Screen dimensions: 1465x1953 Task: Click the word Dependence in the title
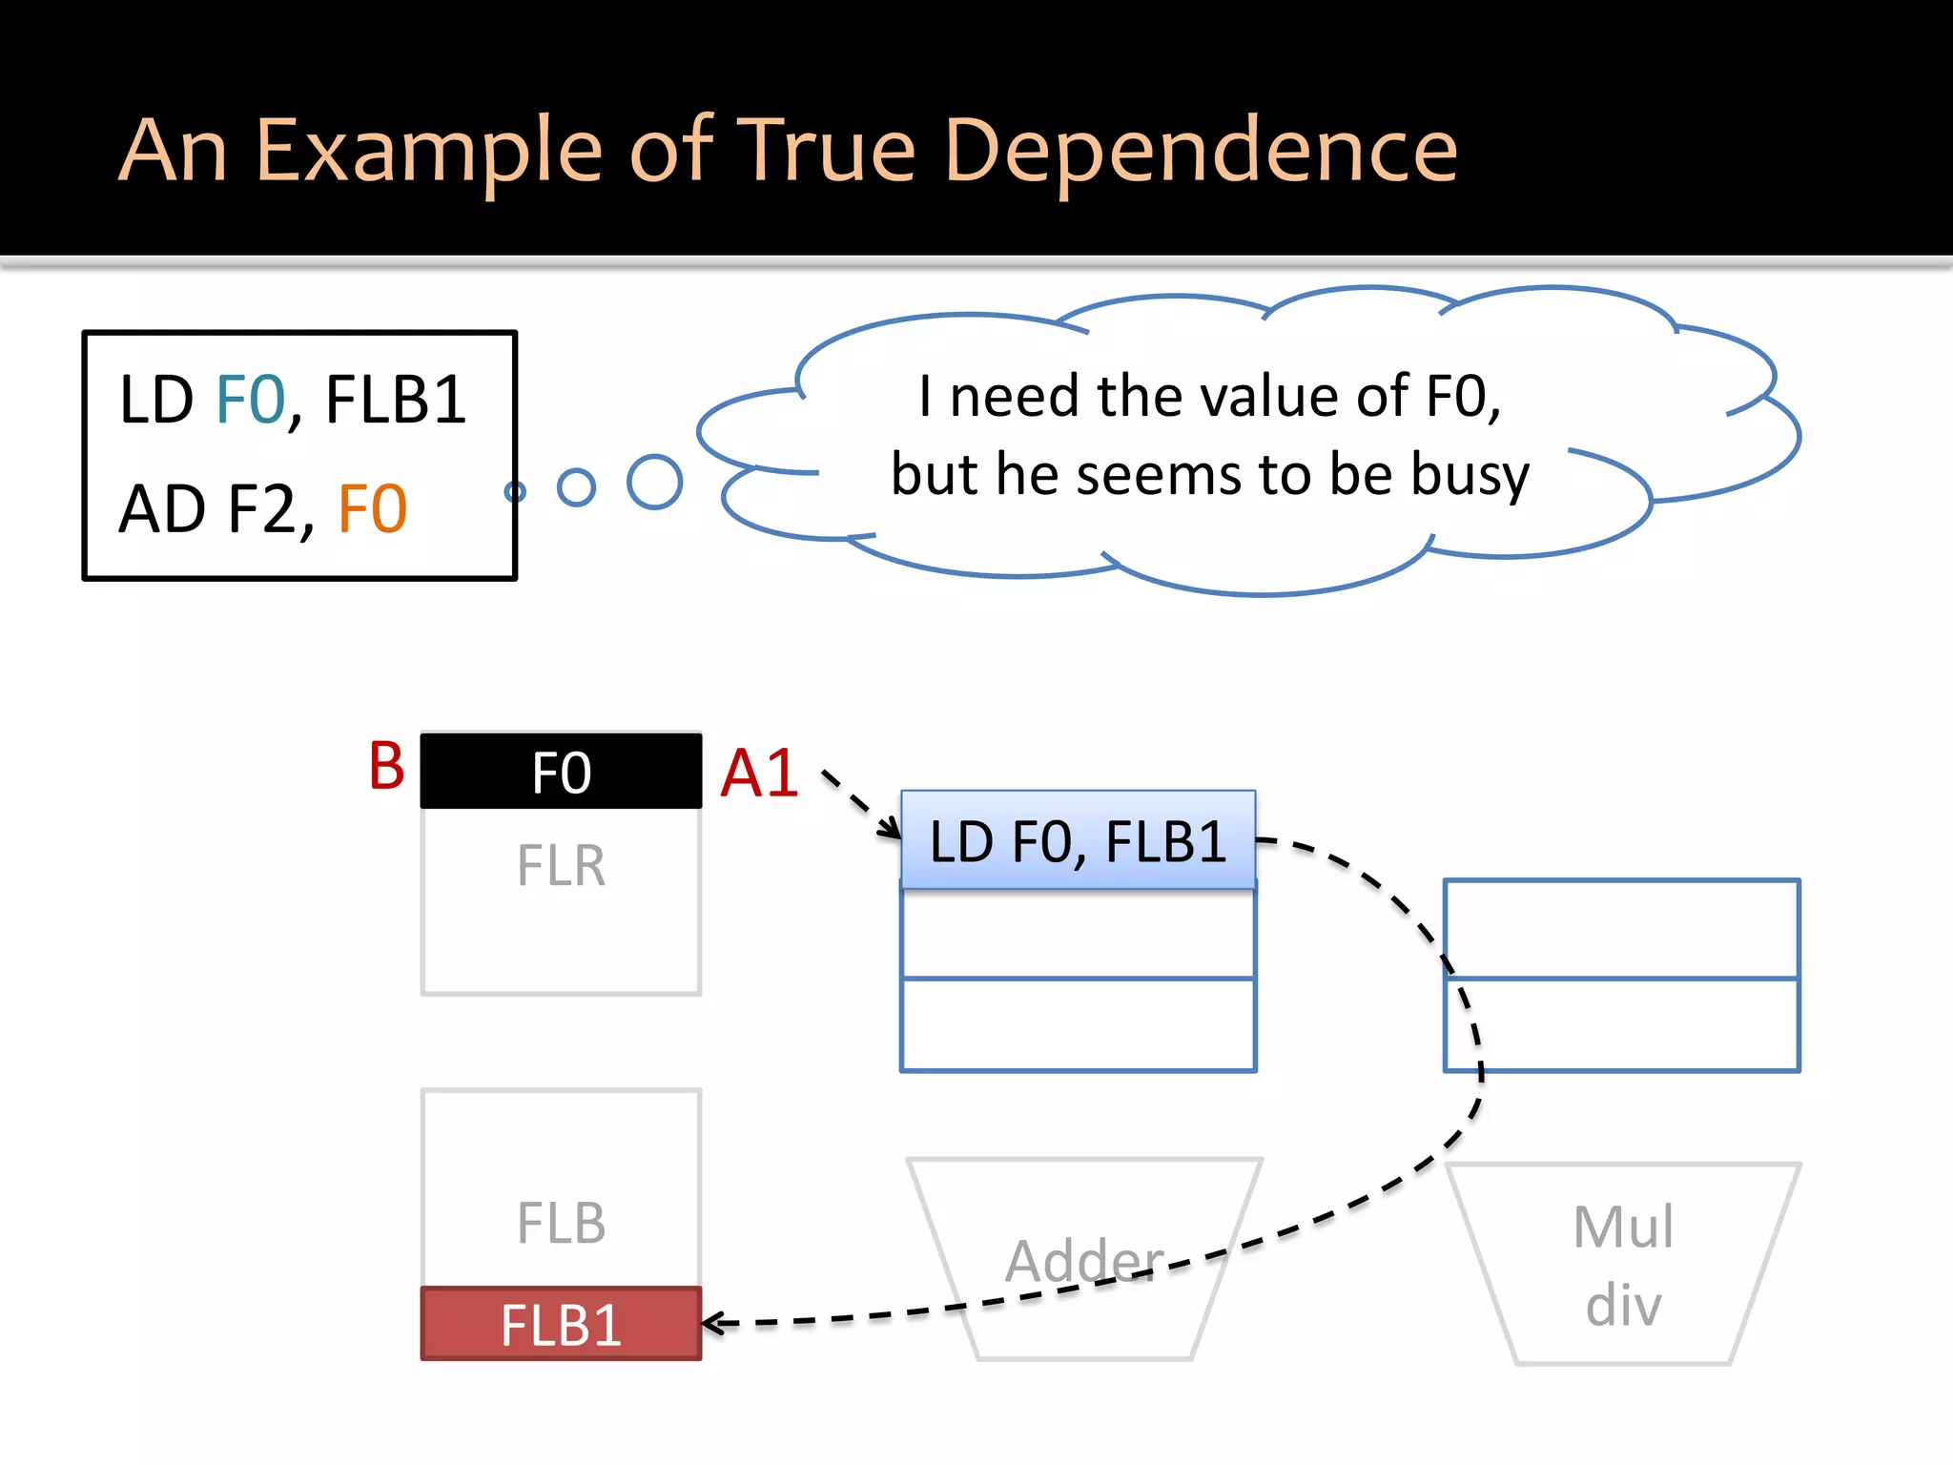tap(1201, 151)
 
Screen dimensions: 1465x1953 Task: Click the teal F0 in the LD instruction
tap(251, 400)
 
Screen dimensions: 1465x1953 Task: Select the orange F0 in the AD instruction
tap(373, 508)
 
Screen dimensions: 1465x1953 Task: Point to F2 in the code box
tap(262, 508)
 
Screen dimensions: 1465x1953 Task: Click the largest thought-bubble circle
tap(654, 482)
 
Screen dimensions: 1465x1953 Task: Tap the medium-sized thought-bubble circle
tap(576, 486)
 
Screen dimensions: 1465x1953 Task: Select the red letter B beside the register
tap(386, 766)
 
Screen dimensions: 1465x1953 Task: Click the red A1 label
tap(759, 773)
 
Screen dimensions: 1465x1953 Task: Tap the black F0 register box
tap(561, 772)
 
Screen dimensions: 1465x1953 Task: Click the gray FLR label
tap(561, 866)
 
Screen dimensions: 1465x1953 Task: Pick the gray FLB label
tap(561, 1223)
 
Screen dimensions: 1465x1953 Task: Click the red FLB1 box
tap(561, 1324)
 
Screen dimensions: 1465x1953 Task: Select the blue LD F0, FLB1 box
tap(1078, 840)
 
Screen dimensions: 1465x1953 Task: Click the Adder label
tap(1084, 1260)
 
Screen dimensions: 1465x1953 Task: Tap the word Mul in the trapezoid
tap(1622, 1227)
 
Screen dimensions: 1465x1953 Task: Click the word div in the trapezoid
tap(1622, 1304)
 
